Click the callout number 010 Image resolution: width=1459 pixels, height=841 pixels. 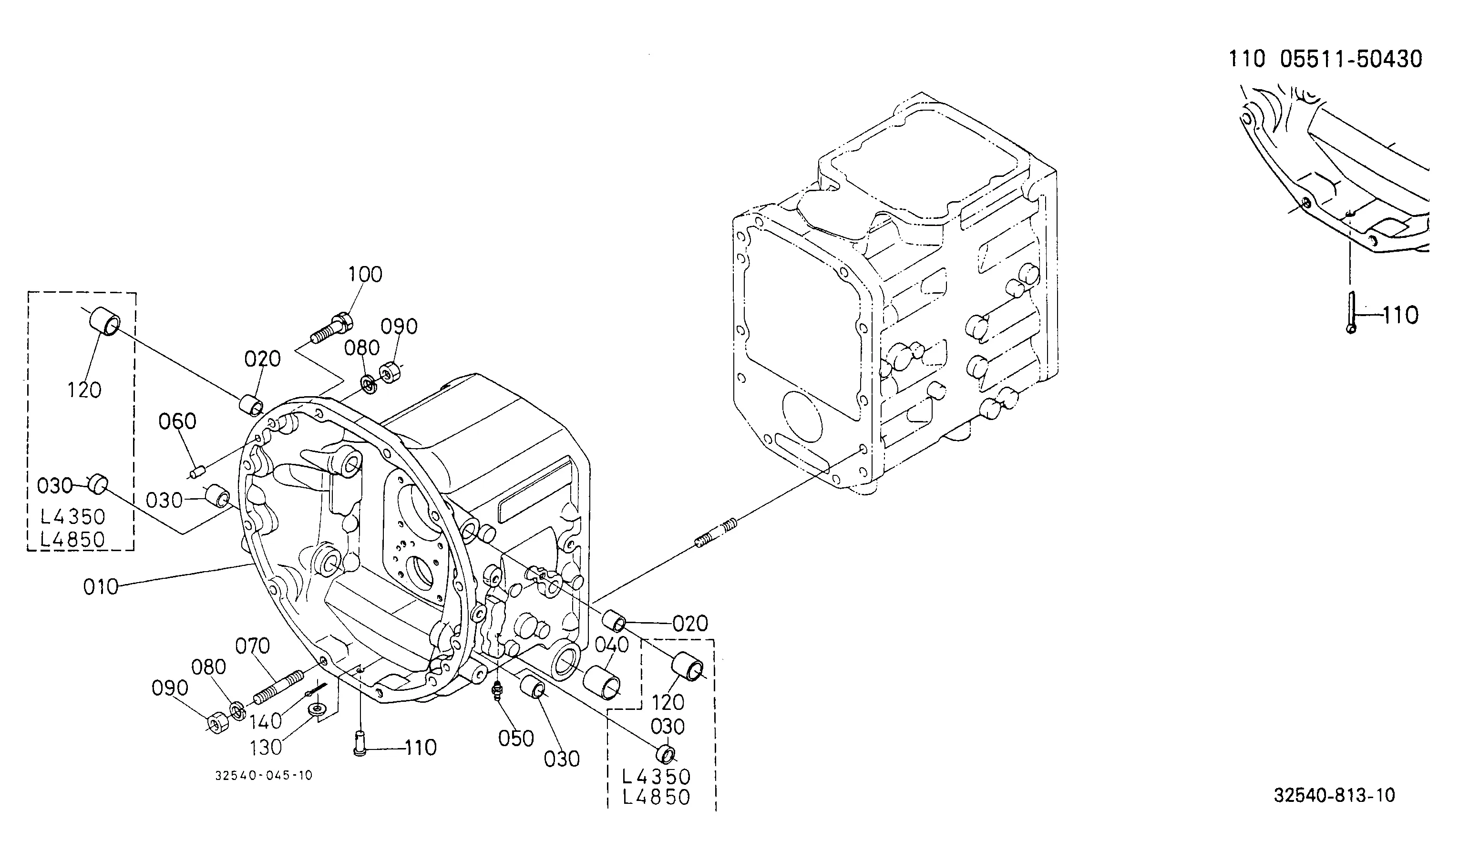(101, 587)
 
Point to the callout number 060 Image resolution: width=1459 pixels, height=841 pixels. (177, 421)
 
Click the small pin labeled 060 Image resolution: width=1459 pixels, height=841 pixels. (196, 472)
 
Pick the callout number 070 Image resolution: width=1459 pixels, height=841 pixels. (252, 645)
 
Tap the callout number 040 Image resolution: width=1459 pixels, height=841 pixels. (611, 645)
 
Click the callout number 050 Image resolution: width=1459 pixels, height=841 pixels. (516, 738)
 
